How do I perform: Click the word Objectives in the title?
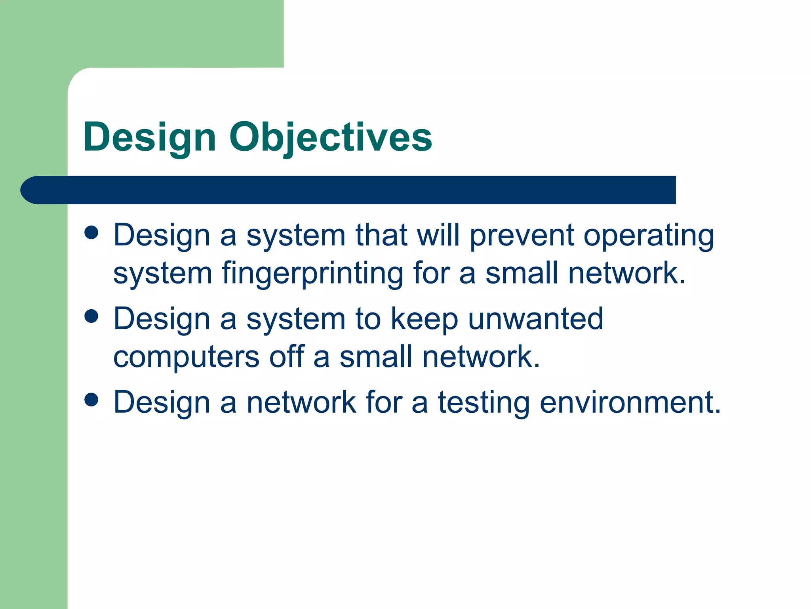tap(331, 138)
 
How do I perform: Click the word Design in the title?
tap(150, 138)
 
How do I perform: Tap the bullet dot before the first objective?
tap(91, 233)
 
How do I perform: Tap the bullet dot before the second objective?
tap(91, 316)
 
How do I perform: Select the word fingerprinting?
tap(312, 274)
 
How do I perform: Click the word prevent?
tap(522, 236)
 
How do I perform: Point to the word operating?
tap(649, 236)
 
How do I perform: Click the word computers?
tap(186, 357)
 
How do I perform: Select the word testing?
tap(484, 402)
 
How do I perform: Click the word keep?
tap(424, 319)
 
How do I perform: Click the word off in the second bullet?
tap(287, 356)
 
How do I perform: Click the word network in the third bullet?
tap(301, 402)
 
